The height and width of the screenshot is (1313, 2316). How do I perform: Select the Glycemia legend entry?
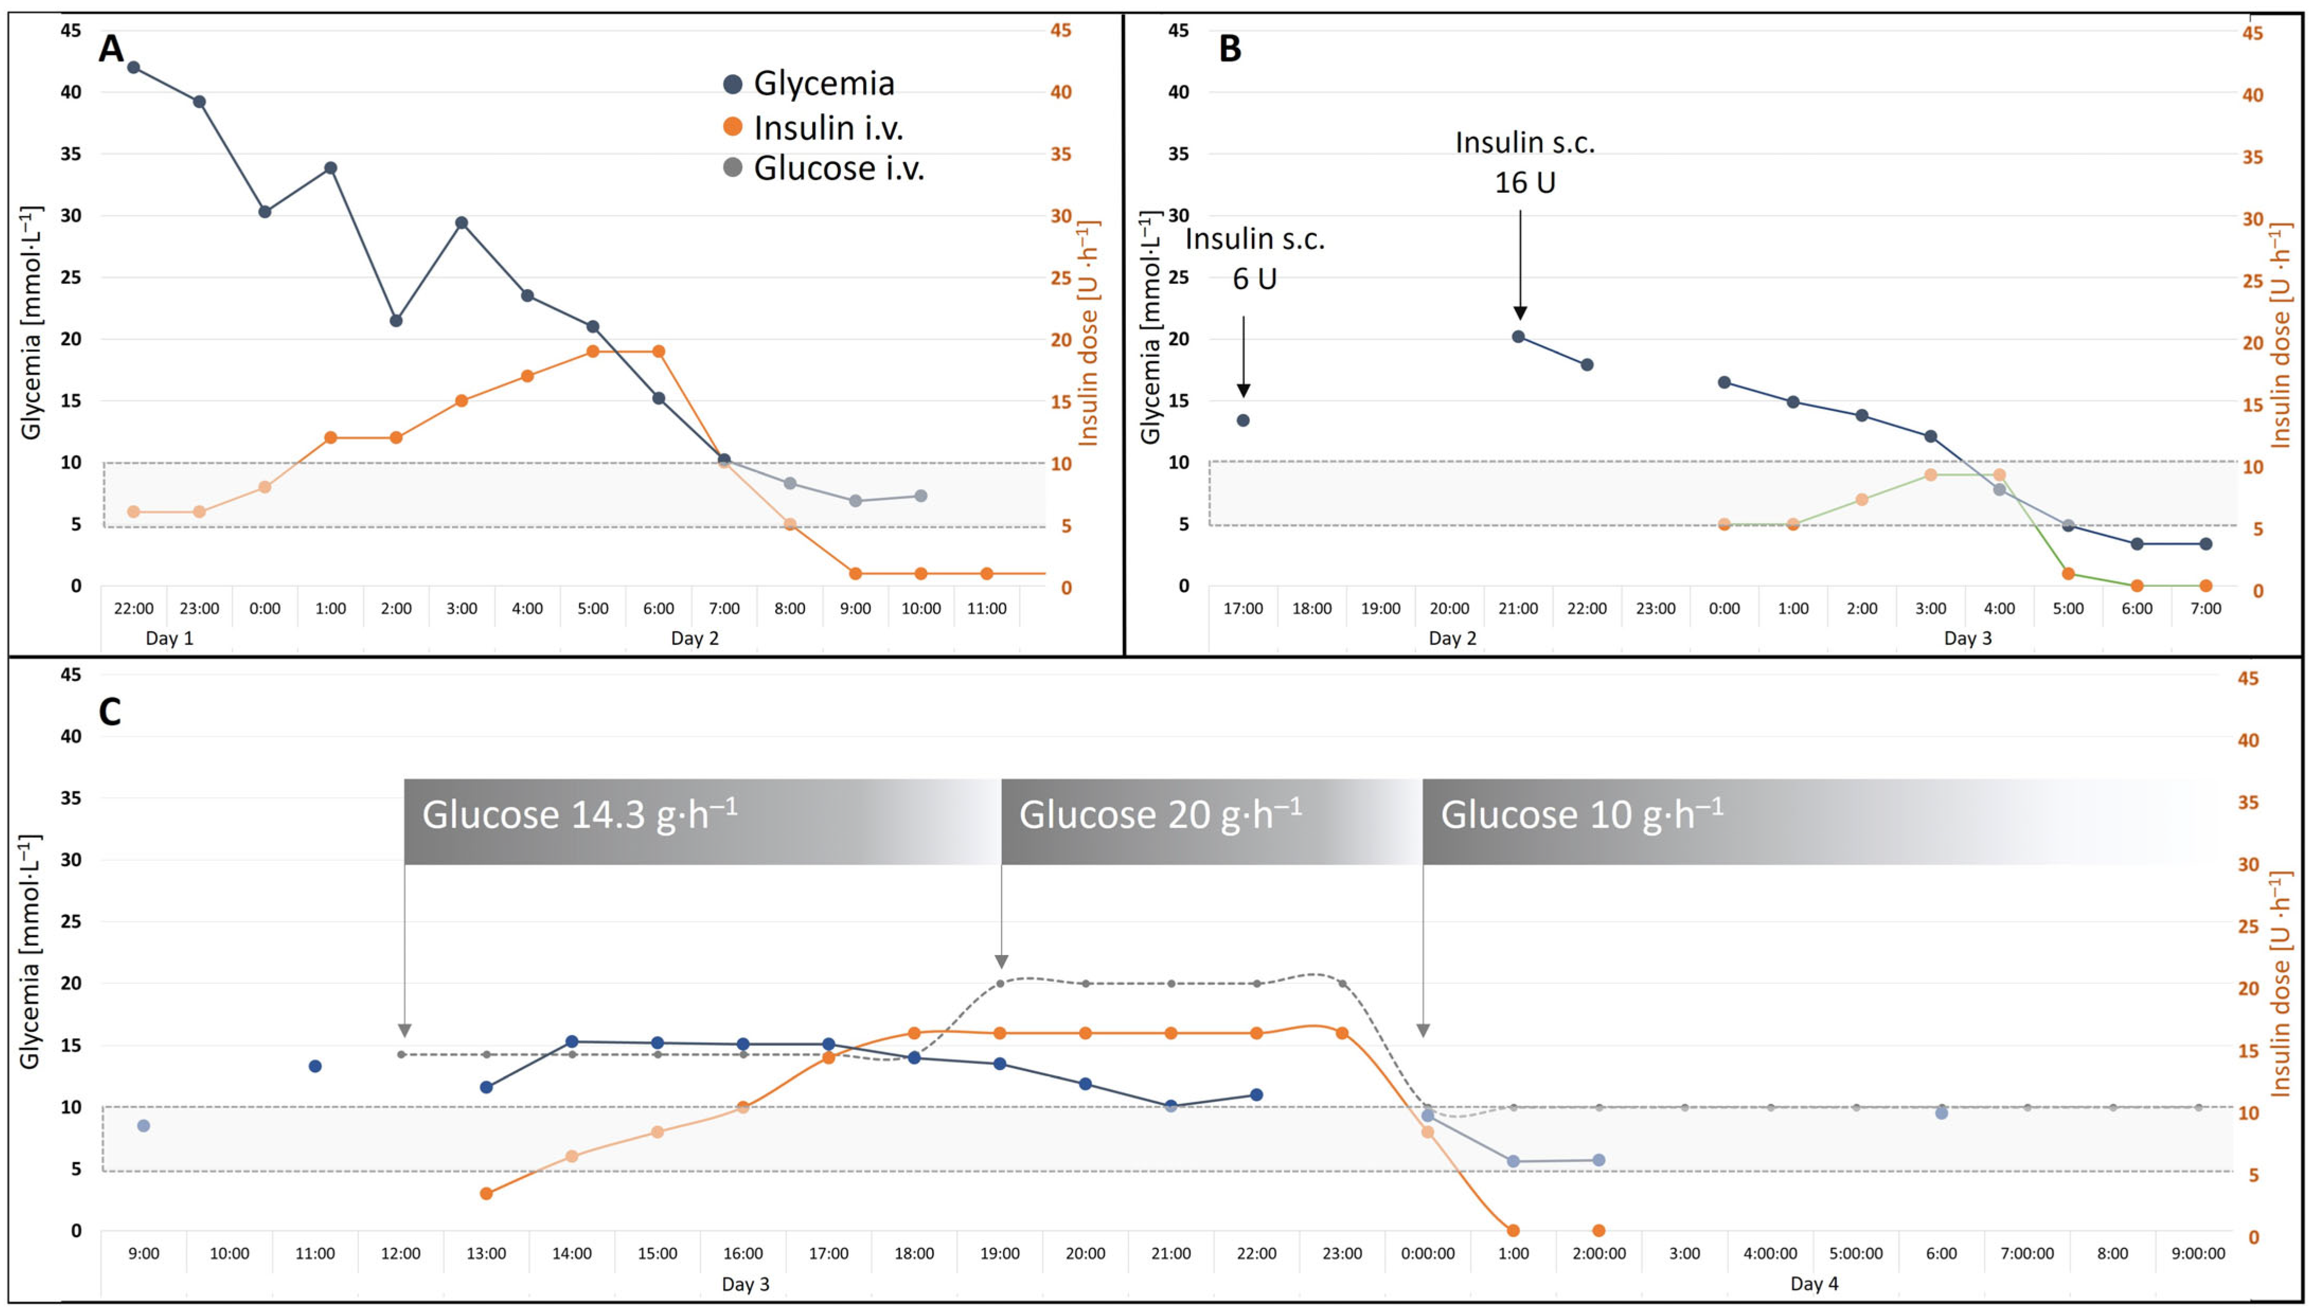point(809,84)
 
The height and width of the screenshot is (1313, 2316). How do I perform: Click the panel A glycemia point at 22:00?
point(134,68)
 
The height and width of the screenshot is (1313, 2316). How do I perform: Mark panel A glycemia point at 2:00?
point(396,321)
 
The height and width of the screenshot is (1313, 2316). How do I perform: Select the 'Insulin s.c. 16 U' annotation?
point(1525,163)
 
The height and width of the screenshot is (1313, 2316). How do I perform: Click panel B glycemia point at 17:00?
point(1243,420)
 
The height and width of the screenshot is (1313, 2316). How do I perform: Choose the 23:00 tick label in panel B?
point(1656,609)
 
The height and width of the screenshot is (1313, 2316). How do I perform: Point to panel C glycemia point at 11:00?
point(315,1066)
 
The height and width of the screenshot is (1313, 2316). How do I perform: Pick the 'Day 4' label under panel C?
point(1814,1284)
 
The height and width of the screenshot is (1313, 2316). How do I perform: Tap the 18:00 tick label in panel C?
point(914,1254)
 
